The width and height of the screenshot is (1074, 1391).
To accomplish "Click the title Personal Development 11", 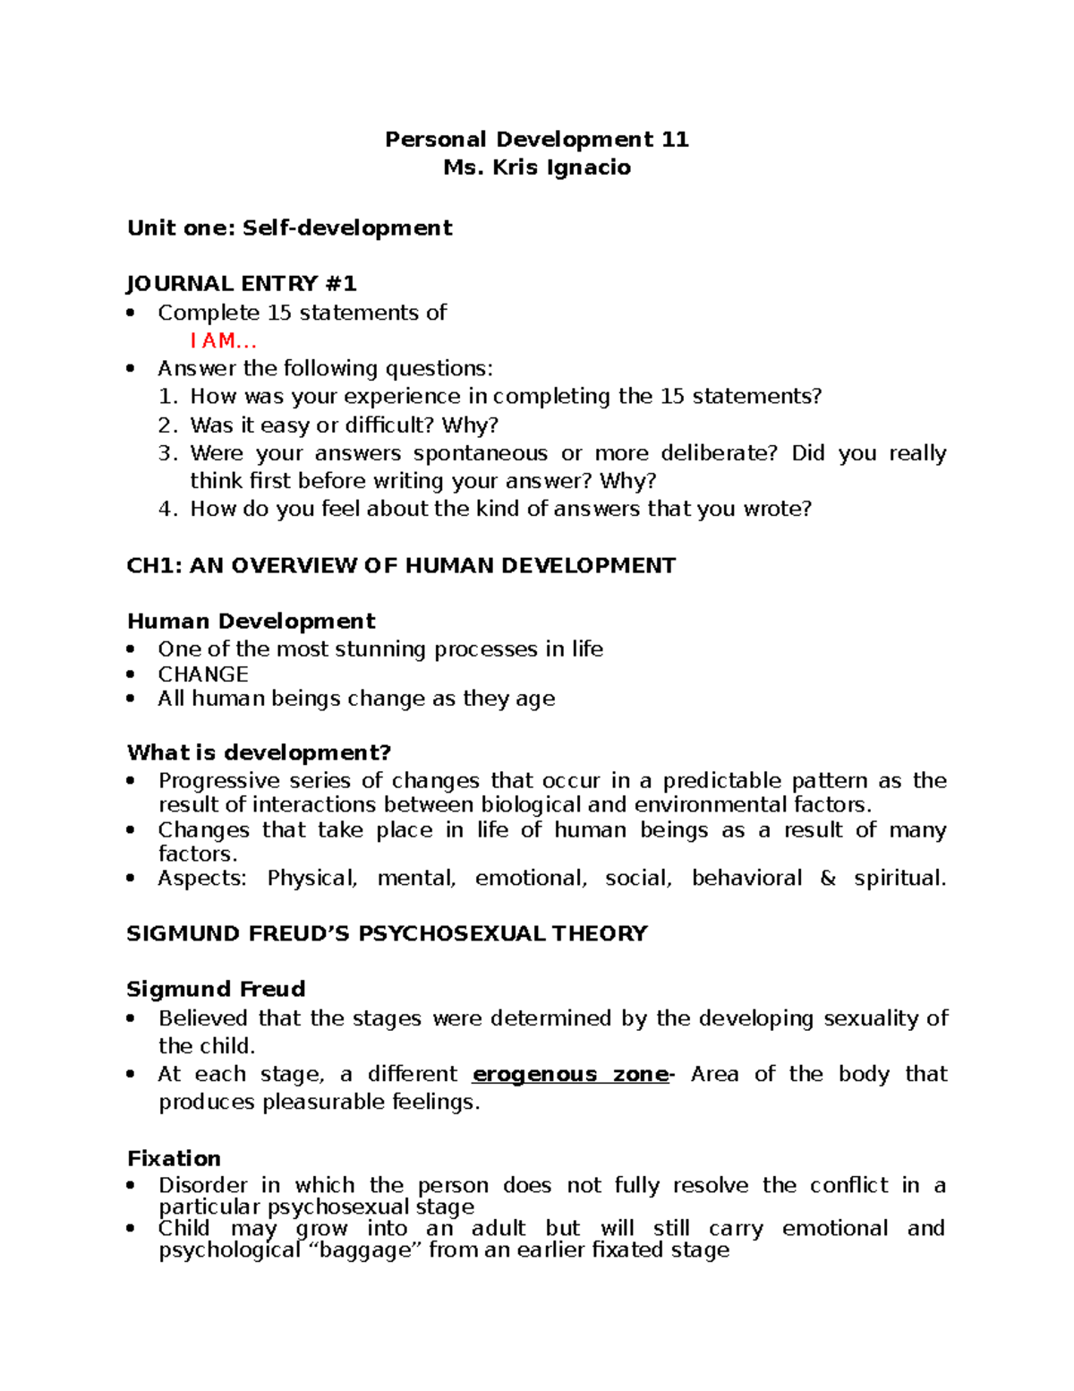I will coord(536,139).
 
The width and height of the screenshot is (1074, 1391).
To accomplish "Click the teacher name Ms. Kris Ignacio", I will coord(536,167).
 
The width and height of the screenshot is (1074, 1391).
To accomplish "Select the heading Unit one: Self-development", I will coord(289,228).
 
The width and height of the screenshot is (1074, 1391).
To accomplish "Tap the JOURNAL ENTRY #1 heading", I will coord(242,284).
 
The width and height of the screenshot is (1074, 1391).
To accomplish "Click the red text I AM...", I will coord(223,340).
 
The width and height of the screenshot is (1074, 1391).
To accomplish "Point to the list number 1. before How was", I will coord(168,397).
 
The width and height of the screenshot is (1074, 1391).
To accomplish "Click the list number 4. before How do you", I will coord(168,509).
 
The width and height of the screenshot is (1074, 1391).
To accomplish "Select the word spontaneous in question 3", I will coord(480,453).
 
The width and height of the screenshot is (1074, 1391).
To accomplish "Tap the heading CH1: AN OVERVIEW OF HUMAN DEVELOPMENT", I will coord(401,565).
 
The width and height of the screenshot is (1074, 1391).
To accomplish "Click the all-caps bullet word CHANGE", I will coord(203,674).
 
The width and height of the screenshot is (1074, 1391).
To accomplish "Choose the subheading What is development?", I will coord(260,751).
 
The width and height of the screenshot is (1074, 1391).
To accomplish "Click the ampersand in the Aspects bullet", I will coord(828,878).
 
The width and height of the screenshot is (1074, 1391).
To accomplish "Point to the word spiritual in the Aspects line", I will coord(899,878).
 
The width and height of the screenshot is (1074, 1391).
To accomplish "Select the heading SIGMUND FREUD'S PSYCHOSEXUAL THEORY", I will coord(387,933).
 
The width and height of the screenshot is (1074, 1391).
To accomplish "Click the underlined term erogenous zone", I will coord(569,1074).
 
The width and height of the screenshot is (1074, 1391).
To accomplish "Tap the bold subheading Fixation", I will coord(174,1158).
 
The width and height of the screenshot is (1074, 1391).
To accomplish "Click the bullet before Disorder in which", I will coord(132,1186).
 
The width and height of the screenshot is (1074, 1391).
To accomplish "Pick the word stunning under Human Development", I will coord(382,648).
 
